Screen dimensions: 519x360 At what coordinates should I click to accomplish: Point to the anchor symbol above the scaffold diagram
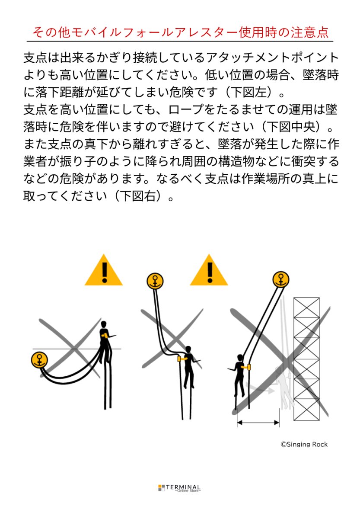pyautogui.click(x=281, y=279)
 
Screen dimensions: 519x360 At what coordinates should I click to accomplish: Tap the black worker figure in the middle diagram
pyautogui.click(x=188, y=365)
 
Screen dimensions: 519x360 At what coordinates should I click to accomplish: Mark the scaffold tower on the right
pyautogui.click(x=306, y=359)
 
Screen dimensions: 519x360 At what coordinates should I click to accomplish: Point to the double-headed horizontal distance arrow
pyautogui.click(x=258, y=423)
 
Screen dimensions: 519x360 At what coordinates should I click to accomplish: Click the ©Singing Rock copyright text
pyautogui.click(x=304, y=444)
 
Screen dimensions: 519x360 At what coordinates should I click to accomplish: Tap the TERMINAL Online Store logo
pyautogui.click(x=179, y=488)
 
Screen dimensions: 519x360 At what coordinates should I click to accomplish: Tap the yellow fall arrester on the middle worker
pyautogui.click(x=179, y=359)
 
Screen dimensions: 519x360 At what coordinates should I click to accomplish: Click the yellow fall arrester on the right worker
pyautogui.click(x=248, y=367)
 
